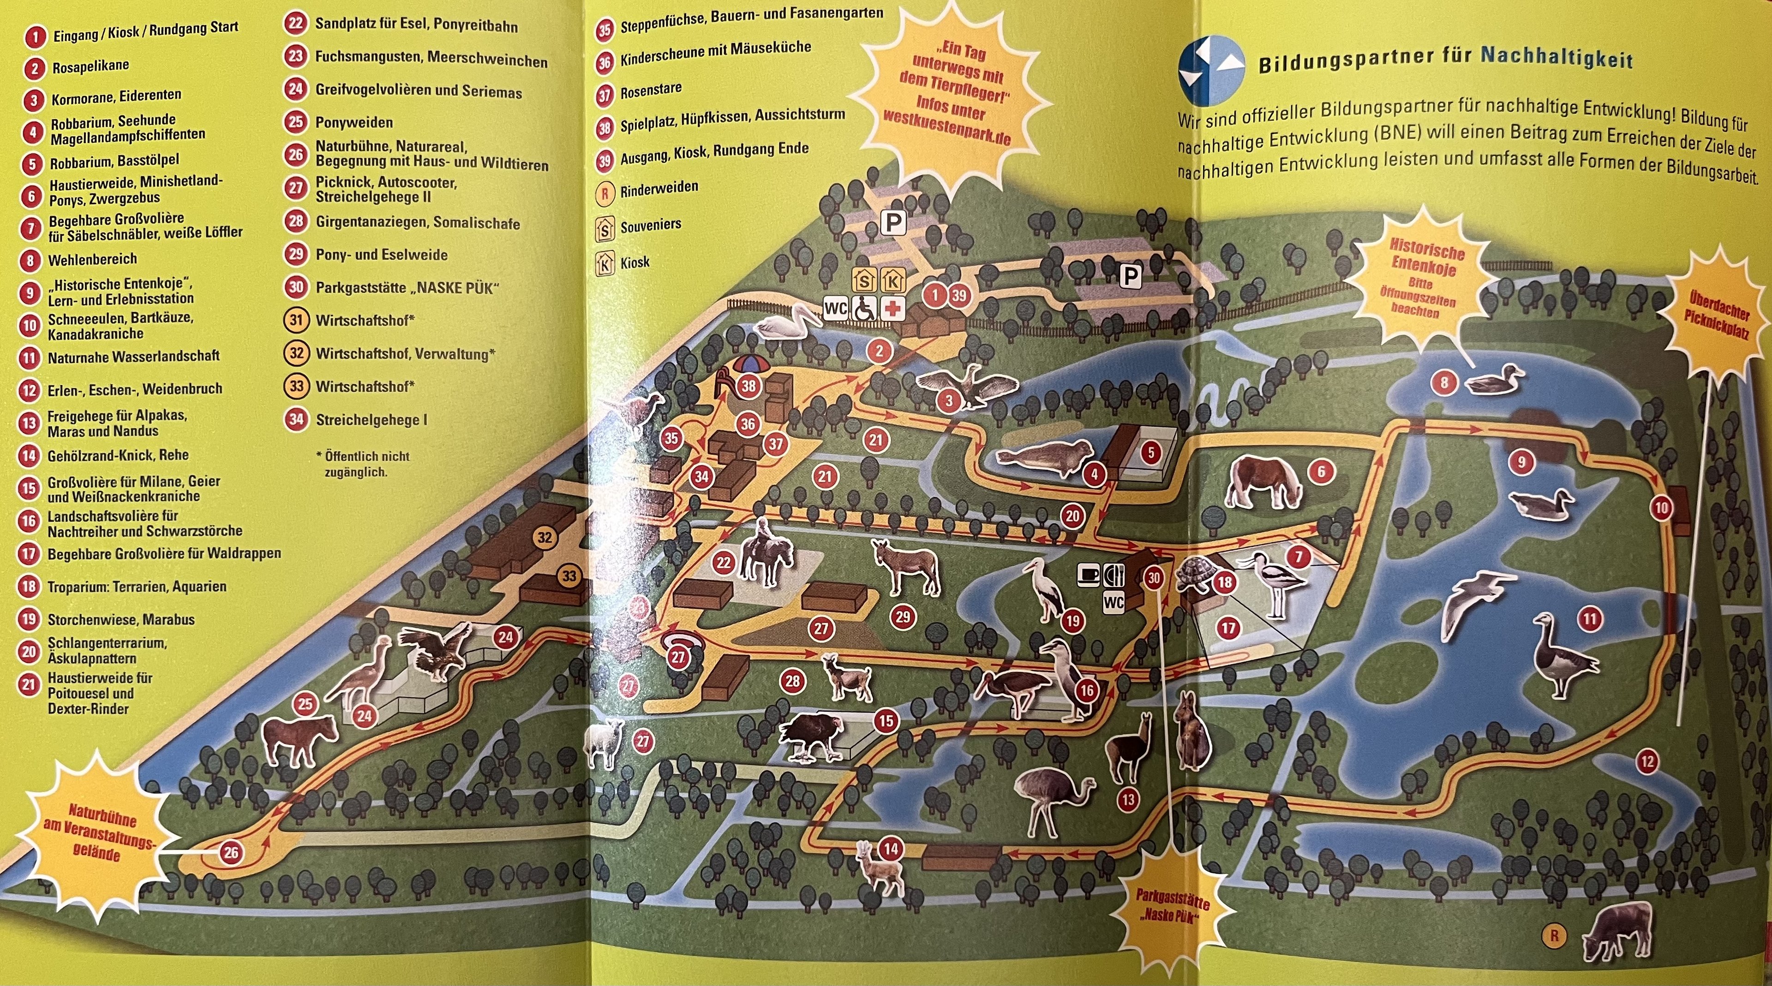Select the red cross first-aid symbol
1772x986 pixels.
(893, 310)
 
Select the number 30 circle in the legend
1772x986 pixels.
(296, 287)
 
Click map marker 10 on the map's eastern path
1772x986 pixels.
(1661, 509)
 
